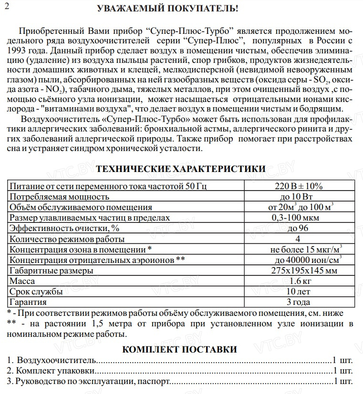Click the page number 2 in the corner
pyautogui.click(x=7, y=6)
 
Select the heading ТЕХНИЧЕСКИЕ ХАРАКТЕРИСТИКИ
pyautogui.click(x=181, y=169)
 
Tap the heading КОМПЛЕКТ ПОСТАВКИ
pyautogui.click(x=180, y=349)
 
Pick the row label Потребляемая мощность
pyautogui.click(x=60, y=196)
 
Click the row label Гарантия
pyautogui.click(x=28, y=302)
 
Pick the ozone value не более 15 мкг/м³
pyautogui.click(x=306, y=249)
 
